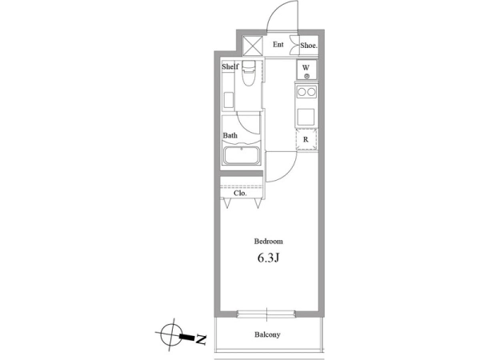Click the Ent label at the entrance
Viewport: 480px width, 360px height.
click(278, 45)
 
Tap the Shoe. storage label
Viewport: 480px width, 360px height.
click(309, 46)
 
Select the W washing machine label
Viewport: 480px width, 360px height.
click(306, 67)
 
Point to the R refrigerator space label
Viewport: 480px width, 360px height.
click(306, 139)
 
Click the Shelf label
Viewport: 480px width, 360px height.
click(230, 66)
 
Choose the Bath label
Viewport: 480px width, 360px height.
click(230, 135)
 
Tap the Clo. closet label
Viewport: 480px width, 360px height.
click(240, 193)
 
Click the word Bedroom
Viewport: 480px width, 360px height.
click(269, 242)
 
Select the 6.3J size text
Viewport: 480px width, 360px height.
click(268, 258)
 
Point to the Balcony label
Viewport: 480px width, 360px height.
click(267, 334)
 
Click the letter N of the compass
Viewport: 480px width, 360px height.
click(201, 339)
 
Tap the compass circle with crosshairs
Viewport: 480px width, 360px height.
click(172, 334)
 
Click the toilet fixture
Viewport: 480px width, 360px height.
click(248, 74)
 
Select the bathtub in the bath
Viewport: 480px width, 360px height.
click(242, 156)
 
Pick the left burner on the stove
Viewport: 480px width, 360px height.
click(302, 92)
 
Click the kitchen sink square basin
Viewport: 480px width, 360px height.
click(306, 117)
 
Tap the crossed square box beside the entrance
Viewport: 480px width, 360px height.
click(253, 46)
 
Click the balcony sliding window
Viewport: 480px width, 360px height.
click(266, 314)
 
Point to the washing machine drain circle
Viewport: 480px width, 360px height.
click(306, 76)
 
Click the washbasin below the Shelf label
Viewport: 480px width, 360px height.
click(228, 101)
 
